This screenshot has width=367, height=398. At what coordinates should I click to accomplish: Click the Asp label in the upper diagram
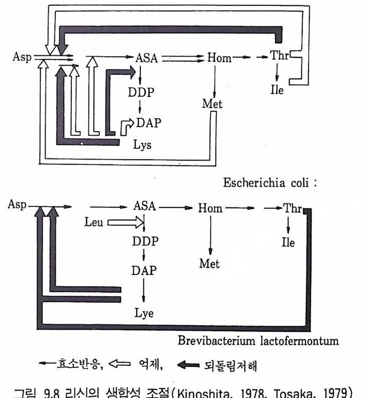pyautogui.click(x=22, y=57)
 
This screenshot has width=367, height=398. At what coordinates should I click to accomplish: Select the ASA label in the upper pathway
pyautogui.click(x=146, y=57)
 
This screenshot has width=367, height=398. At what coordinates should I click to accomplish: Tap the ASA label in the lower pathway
pyautogui.click(x=144, y=206)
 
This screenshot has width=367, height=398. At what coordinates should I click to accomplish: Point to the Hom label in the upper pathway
pyautogui.click(x=219, y=58)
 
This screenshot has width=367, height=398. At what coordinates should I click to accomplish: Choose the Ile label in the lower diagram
pyautogui.click(x=288, y=243)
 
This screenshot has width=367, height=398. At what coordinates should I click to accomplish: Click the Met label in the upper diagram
pyautogui.click(x=212, y=104)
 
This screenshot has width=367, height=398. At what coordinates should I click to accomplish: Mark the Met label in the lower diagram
pyautogui.click(x=210, y=263)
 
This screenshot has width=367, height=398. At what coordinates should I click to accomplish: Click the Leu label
pyautogui.click(x=94, y=223)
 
